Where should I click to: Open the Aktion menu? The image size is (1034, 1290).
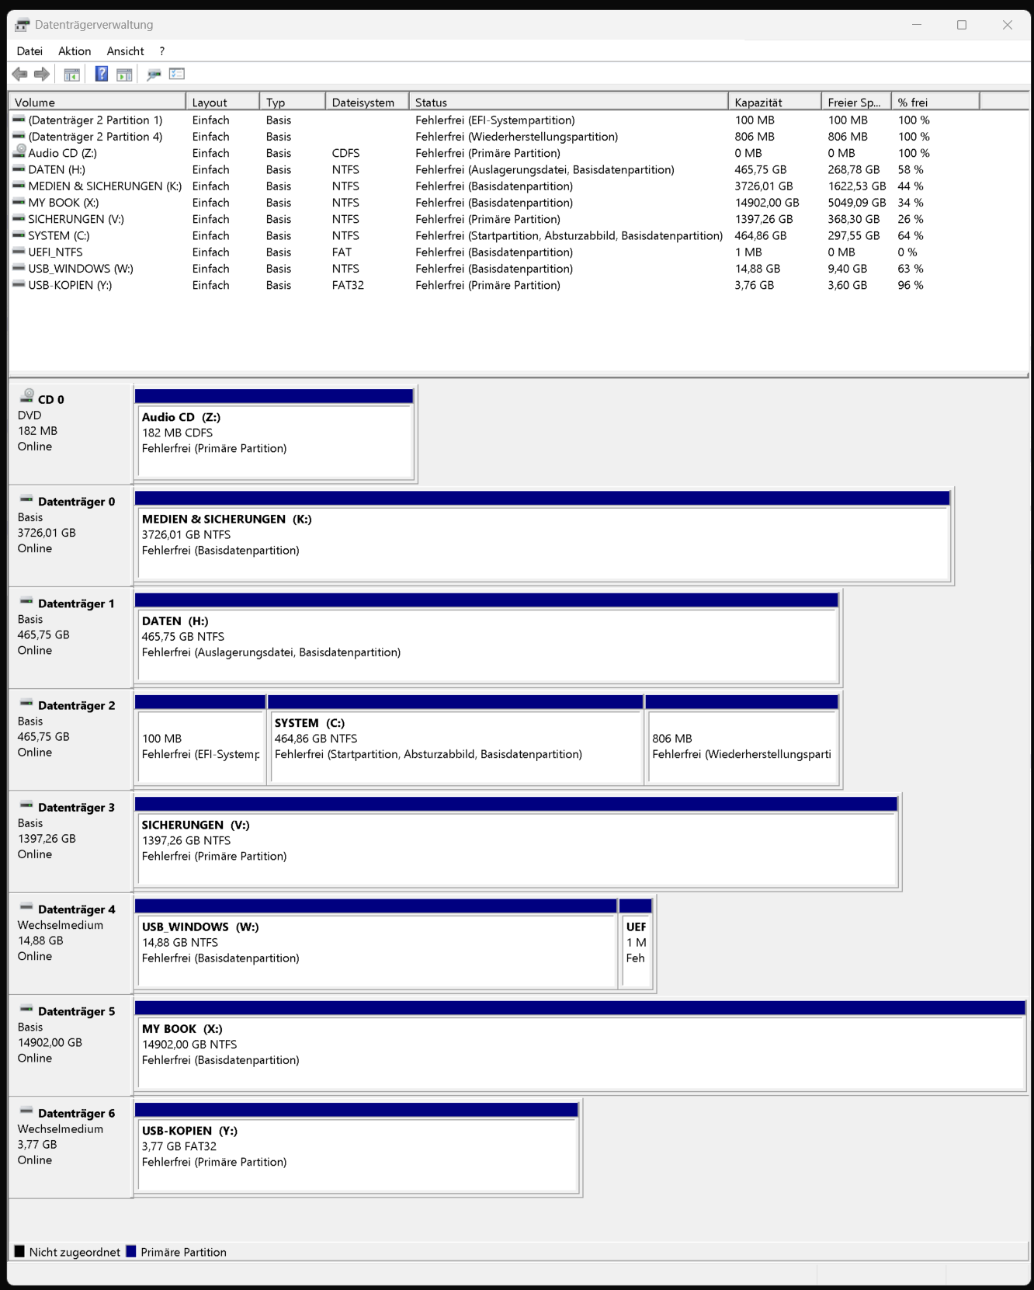pyautogui.click(x=75, y=51)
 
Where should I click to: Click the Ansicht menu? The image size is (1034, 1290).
pyautogui.click(x=125, y=51)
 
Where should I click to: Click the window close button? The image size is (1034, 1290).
pyautogui.click(x=1007, y=25)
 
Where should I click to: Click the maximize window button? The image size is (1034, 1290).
pyautogui.click(x=962, y=25)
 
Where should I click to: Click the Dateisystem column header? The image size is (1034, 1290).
pyautogui.click(x=363, y=103)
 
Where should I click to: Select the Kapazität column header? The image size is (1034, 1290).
pyautogui.click(x=758, y=103)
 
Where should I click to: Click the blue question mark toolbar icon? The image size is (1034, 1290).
pyautogui.click(x=102, y=74)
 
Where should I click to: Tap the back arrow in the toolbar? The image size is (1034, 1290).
pyautogui.click(x=19, y=74)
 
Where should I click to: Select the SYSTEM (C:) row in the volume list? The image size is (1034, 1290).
pyautogui.click(x=59, y=236)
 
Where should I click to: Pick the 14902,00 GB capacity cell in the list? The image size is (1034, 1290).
pyautogui.click(x=766, y=203)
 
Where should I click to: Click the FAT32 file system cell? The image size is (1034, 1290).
pyautogui.click(x=348, y=285)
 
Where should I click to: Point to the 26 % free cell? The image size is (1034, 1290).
pyautogui.click(x=911, y=220)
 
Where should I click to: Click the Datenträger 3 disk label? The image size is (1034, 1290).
pyautogui.click(x=76, y=808)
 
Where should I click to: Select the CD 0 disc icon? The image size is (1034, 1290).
pyautogui.click(x=28, y=395)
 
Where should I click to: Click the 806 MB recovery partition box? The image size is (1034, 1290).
pyautogui.click(x=741, y=746)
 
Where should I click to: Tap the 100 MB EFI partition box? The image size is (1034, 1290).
pyautogui.click(x=200, y=746)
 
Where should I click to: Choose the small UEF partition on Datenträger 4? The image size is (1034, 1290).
pyautogui.click(x=636, y=943)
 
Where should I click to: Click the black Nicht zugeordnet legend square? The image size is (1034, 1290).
pyautogui.click(x=19, y=1251)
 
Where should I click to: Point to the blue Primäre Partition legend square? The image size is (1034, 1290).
pyautogui.click(x=131, y=1251)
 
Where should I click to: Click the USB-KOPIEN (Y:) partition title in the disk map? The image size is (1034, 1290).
pyautogui.click(x=189, y=1131)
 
